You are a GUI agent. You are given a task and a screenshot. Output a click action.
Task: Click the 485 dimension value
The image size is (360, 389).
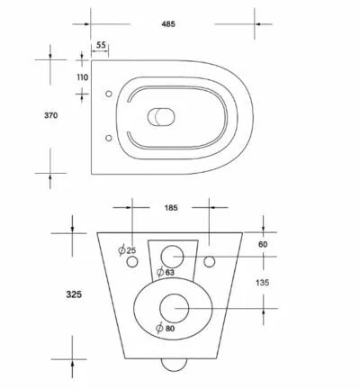pyautogui.click(x=168, y=24)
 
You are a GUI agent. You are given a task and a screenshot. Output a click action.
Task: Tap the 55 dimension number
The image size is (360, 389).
pyautogui.click(x=101, y=45)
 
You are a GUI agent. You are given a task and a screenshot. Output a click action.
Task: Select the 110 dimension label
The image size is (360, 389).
pyautogui.click(x=83, y=77)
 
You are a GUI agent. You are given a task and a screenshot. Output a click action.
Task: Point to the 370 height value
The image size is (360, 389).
pyautogui.click(x=51, y=115)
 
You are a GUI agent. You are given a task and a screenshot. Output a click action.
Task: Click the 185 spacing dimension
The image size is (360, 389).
pyautogui.click(x=171, y=208)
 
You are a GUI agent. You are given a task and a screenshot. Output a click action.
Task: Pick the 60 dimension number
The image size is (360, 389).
pyautogui.click(x=263, y=245)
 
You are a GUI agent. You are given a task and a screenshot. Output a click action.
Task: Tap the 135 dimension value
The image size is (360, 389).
pyautogui.click(x=263, y=283)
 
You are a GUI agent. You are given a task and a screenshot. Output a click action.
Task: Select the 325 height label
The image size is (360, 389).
pyautogui.click(x=74, y=294)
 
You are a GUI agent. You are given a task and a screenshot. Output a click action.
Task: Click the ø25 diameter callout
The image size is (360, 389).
pyautogui.click(x=127, y=249)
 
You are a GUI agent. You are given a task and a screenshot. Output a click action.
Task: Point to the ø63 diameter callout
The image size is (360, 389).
pyautogui.click(x=166, y=272)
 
